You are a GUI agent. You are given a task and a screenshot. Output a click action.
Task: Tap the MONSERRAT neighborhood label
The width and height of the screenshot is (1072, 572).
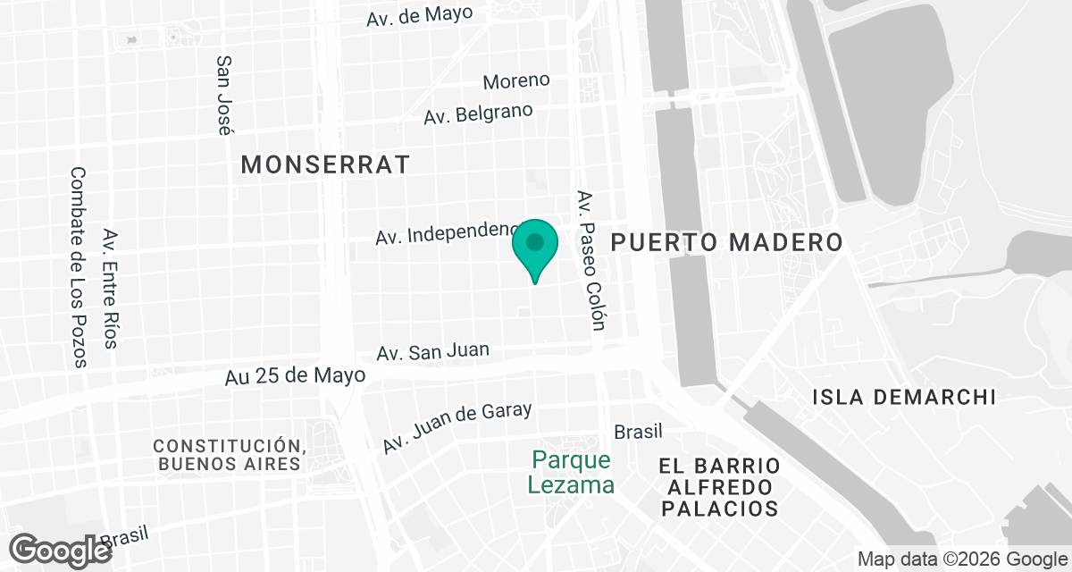pyautogui.click(x=325, y=164)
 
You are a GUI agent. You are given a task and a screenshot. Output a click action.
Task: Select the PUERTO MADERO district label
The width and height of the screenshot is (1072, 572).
pyautogui.click(x=727, y=242)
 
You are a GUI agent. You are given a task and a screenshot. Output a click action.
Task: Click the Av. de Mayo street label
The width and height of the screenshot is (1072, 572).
pyautogui.click(x=419, y=15)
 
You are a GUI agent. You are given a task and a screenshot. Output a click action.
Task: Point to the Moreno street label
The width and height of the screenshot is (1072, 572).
pyautogui.click(x=516, y=80)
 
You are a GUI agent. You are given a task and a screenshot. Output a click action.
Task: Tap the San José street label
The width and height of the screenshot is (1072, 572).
pyautogui.click(x=224, y=95)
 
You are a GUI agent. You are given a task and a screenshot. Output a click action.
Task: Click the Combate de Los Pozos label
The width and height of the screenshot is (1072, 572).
pyautogui.click(x=79, y=267)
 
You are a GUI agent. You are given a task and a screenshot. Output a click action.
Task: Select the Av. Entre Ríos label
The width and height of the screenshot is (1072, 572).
pyautogui.click(x=111, y=288)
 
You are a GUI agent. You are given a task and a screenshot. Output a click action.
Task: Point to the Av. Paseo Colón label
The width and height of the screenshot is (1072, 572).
pyautogui.click(x=591, y=259)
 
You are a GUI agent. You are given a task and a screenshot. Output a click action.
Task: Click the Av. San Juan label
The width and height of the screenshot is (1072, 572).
pyautogui.click(x=433, y=352)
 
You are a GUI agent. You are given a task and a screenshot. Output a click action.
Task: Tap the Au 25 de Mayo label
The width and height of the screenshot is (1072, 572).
pyautogui.click(x=295, y=375)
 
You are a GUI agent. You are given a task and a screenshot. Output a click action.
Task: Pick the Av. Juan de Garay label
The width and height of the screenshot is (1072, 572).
pyautogui.click(x=457, y=426)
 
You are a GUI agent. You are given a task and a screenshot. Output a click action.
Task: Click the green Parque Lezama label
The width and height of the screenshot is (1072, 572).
pyautogui.click(x=571, y=472)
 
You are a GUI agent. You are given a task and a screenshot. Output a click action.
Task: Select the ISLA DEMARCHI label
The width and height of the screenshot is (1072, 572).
pyautogui.click(x=904, y=397)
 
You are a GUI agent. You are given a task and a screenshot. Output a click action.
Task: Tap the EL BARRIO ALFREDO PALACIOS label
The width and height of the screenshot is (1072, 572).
pyautogui.click(x=719, y=487)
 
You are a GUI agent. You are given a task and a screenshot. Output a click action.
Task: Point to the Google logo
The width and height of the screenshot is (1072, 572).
pyautogui.click(x=60, y=549)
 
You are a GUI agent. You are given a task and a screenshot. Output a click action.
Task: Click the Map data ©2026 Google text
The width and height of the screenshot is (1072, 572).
pyautogui.click(x=961, y=559)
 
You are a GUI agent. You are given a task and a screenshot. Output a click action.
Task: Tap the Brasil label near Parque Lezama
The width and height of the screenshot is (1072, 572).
pyautogui.click(x=638, y=432)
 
